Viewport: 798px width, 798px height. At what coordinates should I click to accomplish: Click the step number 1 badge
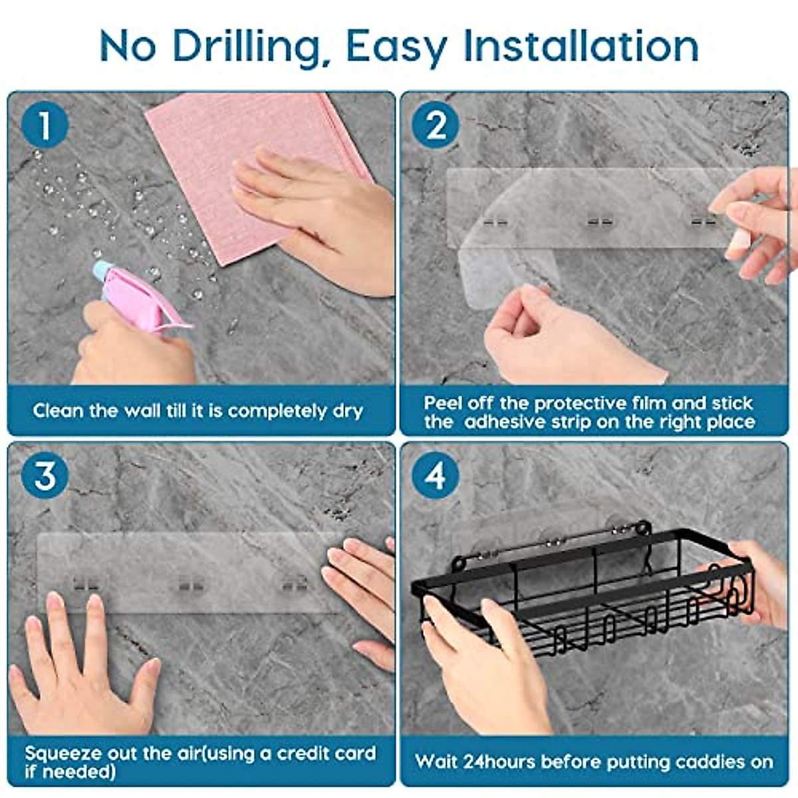click(x=45, y=124)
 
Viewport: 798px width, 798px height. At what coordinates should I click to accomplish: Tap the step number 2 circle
click(x=436, y=124)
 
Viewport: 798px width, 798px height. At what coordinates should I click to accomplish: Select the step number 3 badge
click(x=45, y=475)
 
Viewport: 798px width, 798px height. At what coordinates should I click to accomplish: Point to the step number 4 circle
click(x=436, y=475)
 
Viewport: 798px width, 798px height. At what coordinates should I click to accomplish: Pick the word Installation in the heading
click(x=581, y=46)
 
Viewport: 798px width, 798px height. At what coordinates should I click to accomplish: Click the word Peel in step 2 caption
click(x=442, y=403)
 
